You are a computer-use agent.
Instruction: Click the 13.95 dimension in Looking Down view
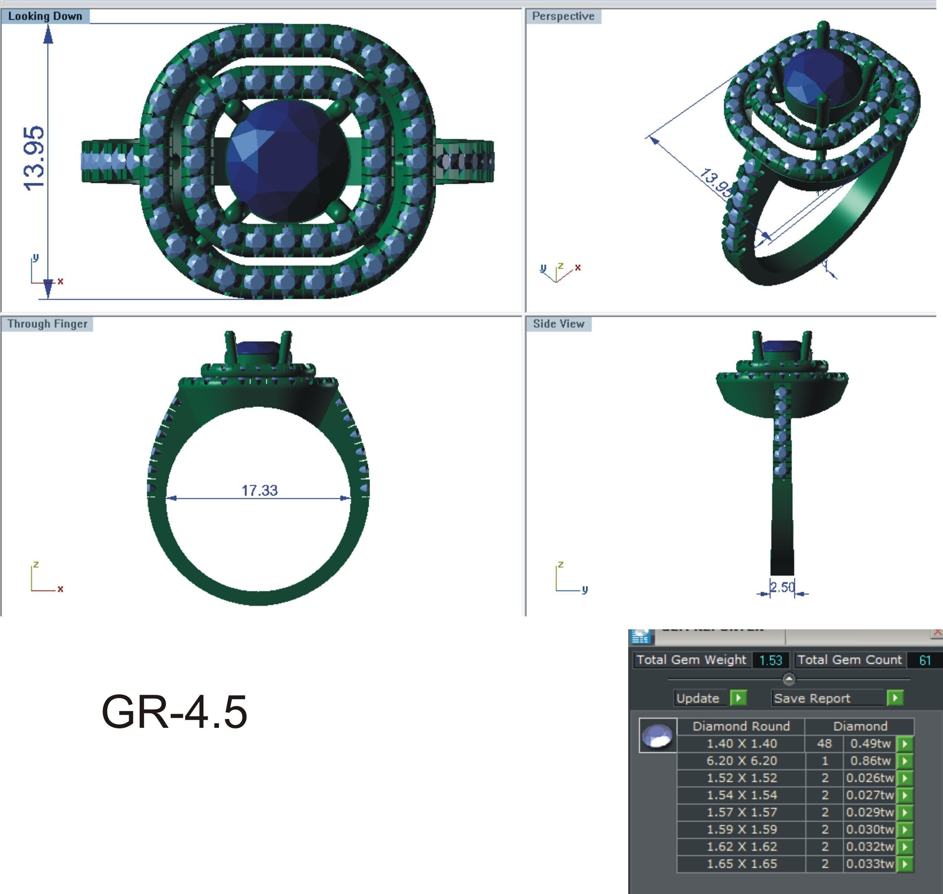(x=34, y=159)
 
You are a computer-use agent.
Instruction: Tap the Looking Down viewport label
(x=45, y=16)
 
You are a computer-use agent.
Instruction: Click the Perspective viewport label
(x=563, y=16)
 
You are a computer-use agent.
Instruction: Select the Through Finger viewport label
(x=47, y=324)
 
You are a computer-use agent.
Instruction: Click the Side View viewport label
(x=558, y=324)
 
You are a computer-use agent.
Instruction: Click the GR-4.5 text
(x=174, y=712)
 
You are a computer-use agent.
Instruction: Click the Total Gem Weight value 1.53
(x=771, y=660)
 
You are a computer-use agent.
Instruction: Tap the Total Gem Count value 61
(x=924, y=660)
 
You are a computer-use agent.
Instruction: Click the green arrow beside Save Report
(x=895, y=698)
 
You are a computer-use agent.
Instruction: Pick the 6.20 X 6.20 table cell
(x=742, y=761)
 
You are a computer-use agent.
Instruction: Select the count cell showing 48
(x=824, y=743)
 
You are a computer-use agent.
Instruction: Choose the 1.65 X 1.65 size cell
(x=742, y=864)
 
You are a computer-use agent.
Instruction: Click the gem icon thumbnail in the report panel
(x=658, y=735)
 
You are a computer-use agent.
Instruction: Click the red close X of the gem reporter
(x=937, y=632)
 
